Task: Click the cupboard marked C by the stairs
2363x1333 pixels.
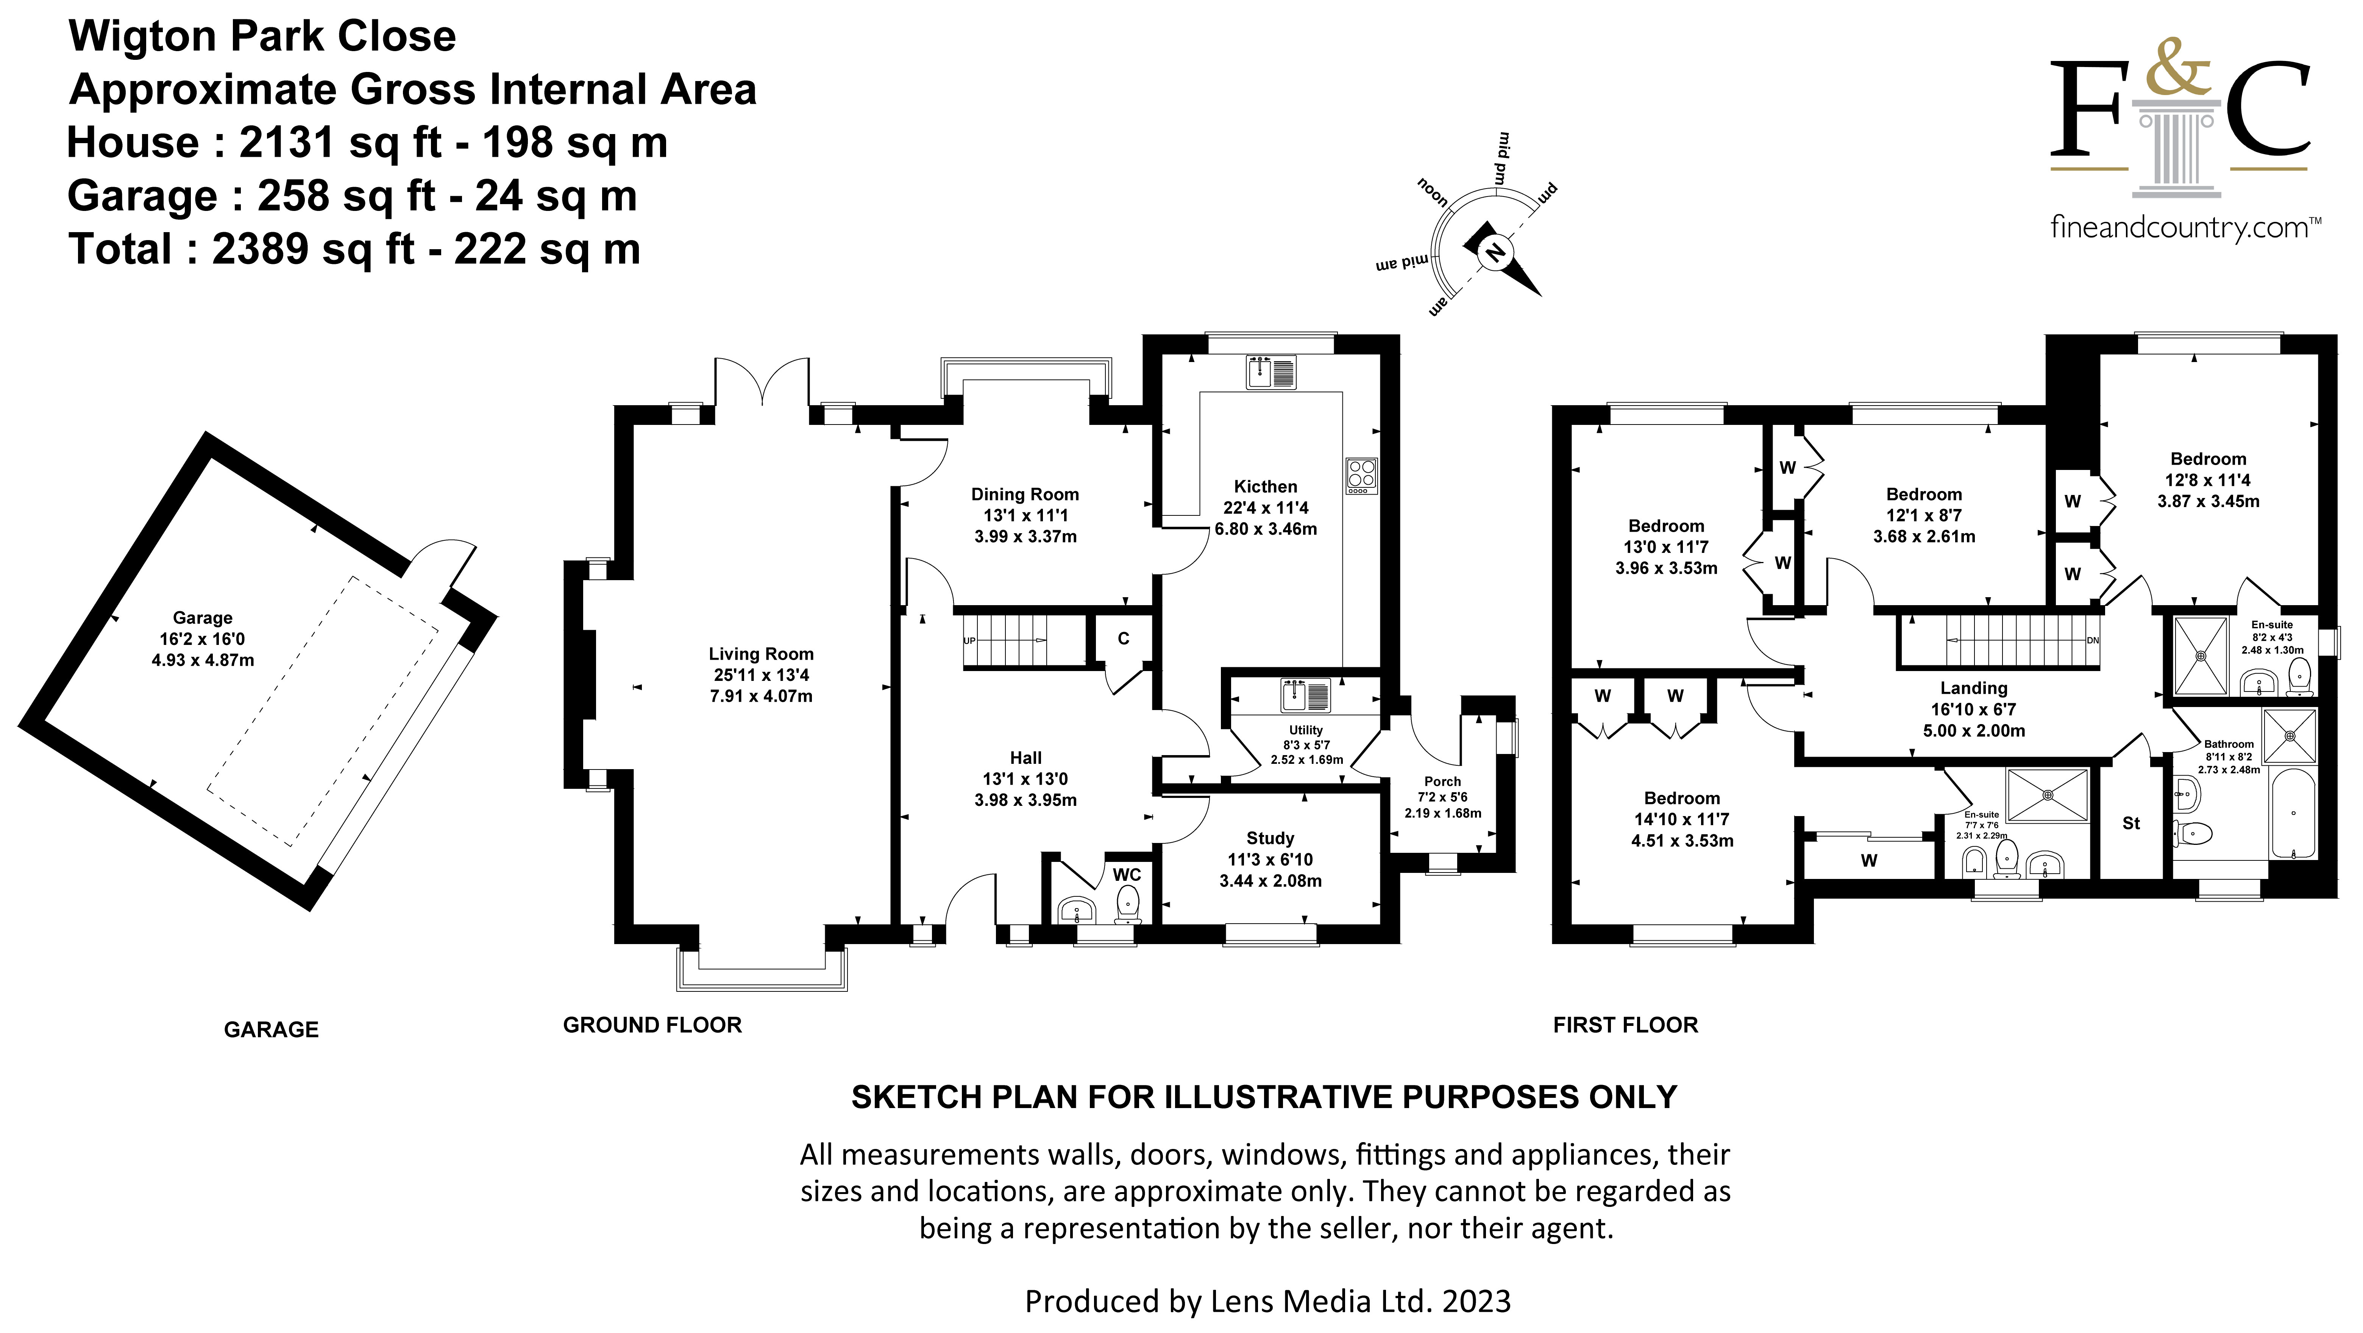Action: coord(1123,638)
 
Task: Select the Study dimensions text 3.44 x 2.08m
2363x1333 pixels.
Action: coord(1270,881)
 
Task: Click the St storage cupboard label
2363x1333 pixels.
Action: coord(2131,823)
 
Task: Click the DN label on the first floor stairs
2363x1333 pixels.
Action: coord(2092,640)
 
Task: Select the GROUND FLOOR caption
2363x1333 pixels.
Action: coord(652,1025)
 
